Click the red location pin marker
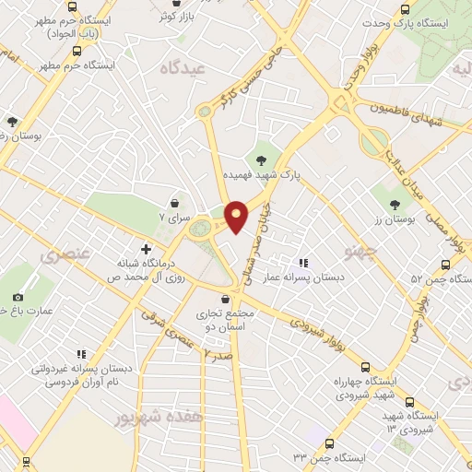(x=236, y=216)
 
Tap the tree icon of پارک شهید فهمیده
(x=276, y=159)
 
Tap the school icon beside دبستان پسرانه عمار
(x=303, y=263)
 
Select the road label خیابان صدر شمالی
(x=267, y=232)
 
